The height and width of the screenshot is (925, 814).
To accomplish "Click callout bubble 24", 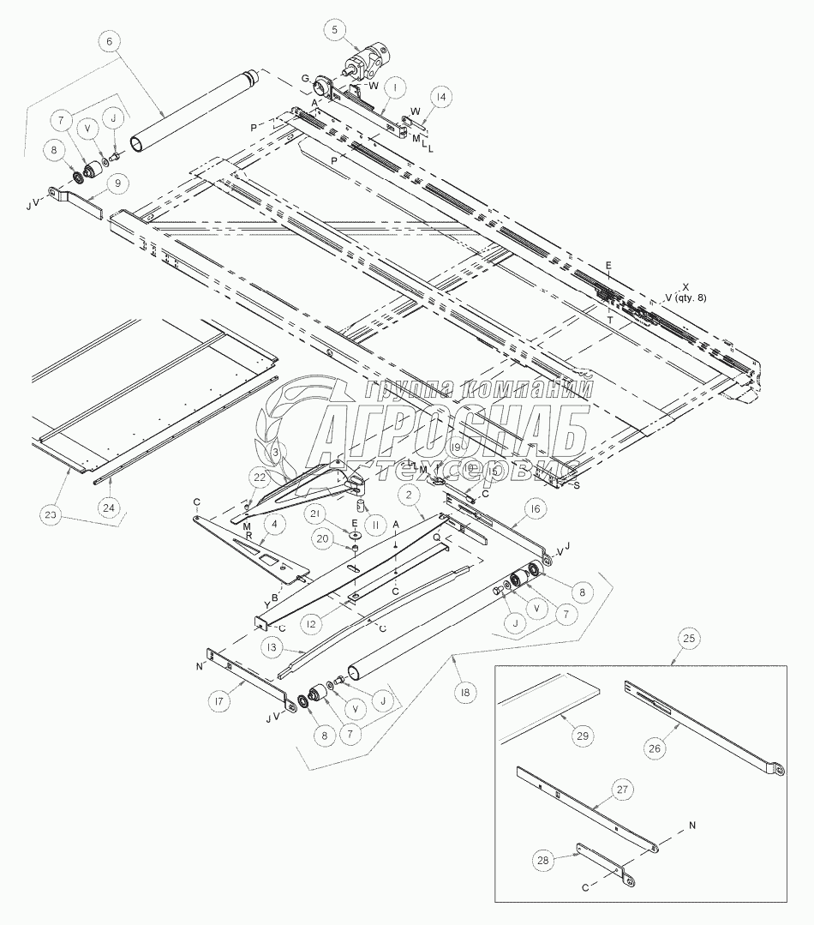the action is point(107,508).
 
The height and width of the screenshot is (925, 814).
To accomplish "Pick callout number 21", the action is point(317,513).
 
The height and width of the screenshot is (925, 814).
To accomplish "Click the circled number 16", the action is point(535,509).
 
